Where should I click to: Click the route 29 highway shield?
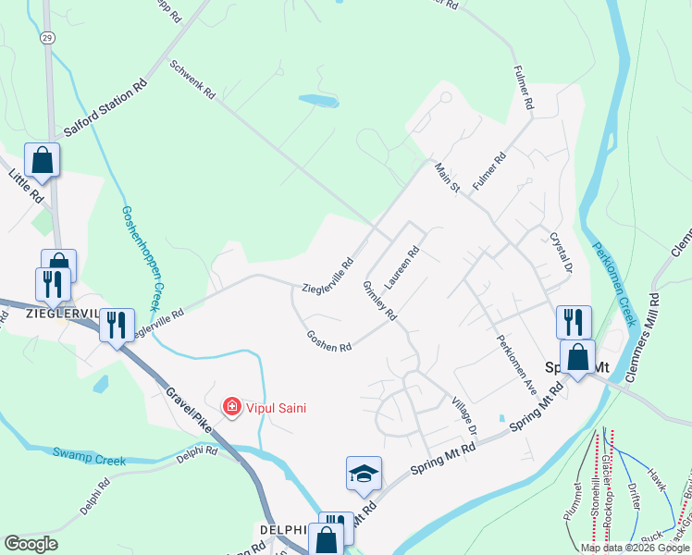pos(46,39)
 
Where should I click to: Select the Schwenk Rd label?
pos(192,80)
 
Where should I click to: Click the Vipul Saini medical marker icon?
pos(231,406)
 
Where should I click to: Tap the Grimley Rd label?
pos(379,301)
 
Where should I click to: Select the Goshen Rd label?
pos(329,339)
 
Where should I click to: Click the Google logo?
pos(31,543)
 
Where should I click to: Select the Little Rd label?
pos(26,185)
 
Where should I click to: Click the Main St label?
pos(448,178)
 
